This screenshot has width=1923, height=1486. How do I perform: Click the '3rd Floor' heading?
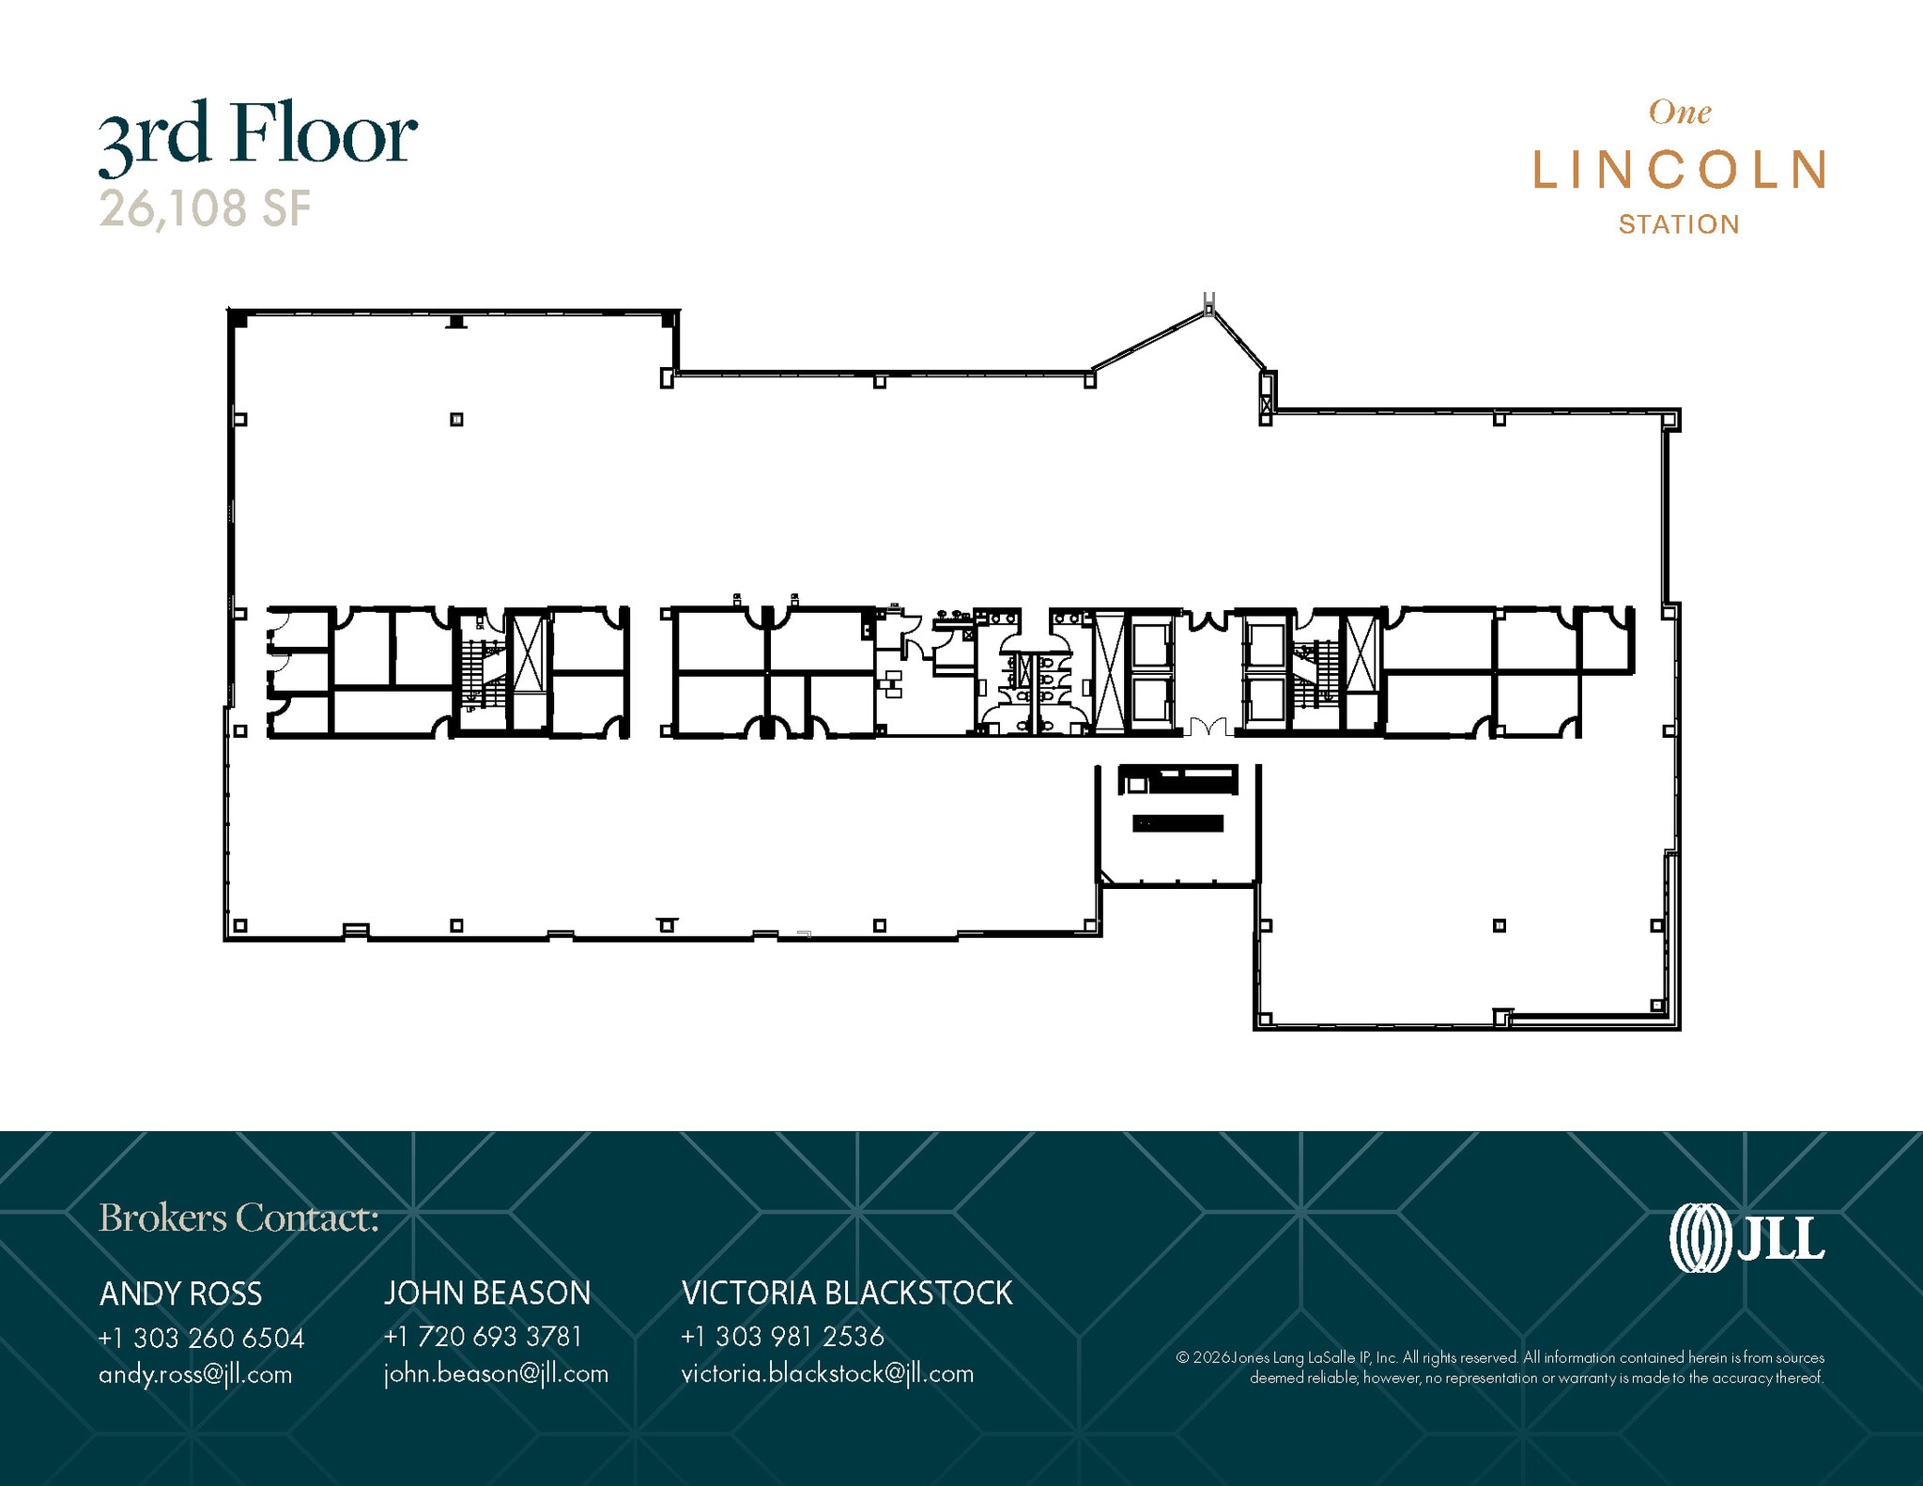click(x=257, y=137)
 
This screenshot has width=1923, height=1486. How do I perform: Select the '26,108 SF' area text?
click(x=205, y=208)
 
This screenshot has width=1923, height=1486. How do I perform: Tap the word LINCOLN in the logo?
click(x=1679, y=171)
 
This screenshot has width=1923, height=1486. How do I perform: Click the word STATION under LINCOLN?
click(x=1679, y=224)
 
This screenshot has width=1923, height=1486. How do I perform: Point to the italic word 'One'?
click(x=1680, y=113)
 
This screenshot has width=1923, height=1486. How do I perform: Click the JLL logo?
click(x=1746, y=1237)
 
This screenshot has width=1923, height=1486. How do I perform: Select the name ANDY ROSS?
click(x=180, y=1294)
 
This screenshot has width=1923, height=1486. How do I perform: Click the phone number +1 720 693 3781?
click(x=483, y=1336)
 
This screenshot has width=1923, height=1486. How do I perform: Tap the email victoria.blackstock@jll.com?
click(x=827, y=1373)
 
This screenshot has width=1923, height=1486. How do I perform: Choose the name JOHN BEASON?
click(x=486, y=1293)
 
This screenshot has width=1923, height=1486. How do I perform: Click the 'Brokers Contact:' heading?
click(x=238, y=1218)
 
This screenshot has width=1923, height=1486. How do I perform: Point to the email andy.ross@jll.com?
click(x=195, y=1374)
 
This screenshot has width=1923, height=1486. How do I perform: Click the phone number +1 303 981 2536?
click(x=782, y=1336)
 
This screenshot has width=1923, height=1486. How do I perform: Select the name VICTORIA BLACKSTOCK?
click(x=847, y=1293)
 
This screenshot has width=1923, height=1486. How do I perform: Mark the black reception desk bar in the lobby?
click(x=1178, y=823)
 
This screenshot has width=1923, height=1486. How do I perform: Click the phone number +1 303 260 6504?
click(x=201, y=1338)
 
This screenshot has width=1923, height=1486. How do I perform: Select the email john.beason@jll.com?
click(x=496, y=1373)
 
